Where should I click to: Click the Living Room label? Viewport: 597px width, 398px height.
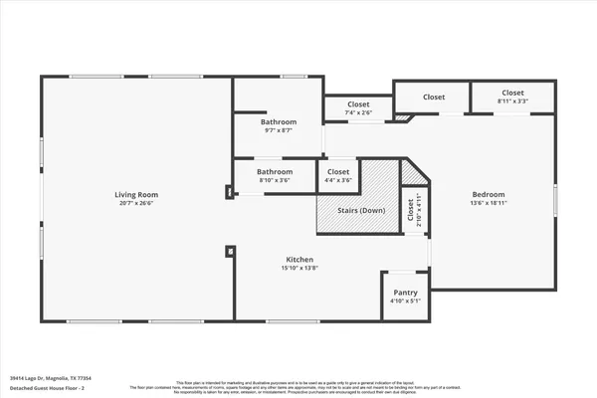point(136,194)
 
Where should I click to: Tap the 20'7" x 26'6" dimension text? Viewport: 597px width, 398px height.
point(136,204)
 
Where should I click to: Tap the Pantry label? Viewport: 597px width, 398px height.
point(405,293)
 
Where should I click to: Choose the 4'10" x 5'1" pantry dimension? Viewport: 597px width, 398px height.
point(405,301)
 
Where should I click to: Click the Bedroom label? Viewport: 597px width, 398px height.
point(488,194)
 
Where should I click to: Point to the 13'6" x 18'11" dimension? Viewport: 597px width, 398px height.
point(488,204)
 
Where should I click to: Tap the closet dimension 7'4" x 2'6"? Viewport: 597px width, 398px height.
point(359,113)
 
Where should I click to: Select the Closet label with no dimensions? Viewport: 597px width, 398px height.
point(434,98)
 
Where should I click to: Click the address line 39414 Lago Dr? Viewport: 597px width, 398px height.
point(66,378)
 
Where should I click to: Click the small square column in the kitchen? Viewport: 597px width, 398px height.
point(230,253)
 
